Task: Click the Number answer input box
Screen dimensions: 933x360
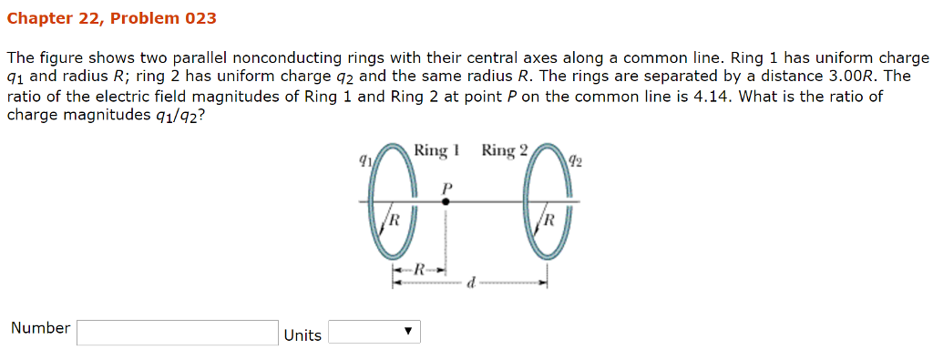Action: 178,333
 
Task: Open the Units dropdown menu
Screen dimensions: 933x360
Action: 374,332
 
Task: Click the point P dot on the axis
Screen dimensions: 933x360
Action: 446,201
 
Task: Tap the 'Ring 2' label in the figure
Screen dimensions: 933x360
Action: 504,150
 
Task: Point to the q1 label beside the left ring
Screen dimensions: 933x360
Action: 364,159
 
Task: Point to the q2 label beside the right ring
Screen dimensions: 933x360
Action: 575,161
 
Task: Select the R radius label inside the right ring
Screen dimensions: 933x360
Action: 549,220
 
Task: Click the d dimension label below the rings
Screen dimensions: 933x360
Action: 471,283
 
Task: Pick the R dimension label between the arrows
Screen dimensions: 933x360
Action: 419,270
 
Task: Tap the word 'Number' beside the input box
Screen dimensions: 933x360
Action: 40,328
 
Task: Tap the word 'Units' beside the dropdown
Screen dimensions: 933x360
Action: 302,335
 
